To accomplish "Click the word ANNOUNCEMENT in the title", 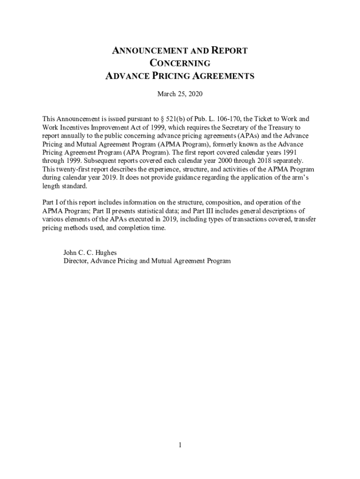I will click(143, 51).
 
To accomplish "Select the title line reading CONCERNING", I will click(180, 64).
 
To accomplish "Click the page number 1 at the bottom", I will click(180, 445).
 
